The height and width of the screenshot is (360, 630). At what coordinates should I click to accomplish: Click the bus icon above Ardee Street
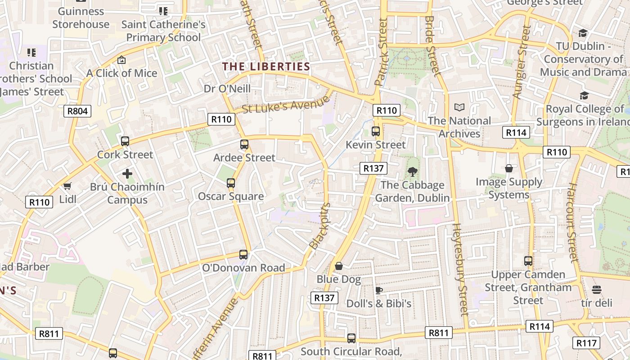click(244, 144)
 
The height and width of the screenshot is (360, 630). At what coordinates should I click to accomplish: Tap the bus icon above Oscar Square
click(231, 183)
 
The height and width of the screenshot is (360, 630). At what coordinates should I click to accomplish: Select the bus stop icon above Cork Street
click(125, 141)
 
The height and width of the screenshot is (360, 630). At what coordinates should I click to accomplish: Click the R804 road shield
click(77, 111)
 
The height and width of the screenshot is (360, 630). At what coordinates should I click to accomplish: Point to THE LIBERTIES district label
click(266, 67)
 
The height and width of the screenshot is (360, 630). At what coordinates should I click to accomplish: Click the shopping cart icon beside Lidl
click(67, 186)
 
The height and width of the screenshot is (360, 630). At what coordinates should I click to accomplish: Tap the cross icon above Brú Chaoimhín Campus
click(127, 173)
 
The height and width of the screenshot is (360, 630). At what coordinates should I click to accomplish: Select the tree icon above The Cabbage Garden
click(412, 171)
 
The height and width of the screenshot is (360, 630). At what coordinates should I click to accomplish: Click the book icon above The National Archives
click(459, 107)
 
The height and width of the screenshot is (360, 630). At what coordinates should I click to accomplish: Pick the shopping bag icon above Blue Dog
click(339, 266)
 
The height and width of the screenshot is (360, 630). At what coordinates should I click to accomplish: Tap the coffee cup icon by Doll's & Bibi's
click(379, 290)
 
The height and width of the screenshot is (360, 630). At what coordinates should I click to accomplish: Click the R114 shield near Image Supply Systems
click(516, 132)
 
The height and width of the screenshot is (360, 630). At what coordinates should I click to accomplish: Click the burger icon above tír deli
click(597, 289)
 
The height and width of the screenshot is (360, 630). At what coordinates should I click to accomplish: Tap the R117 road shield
click(586, 343)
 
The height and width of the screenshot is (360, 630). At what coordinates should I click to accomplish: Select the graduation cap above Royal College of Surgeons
click(584, 95)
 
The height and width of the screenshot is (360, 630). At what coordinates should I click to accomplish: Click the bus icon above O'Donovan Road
click(243, 255)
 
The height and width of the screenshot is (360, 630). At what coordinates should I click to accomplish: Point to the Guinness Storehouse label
click(81, 18)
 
